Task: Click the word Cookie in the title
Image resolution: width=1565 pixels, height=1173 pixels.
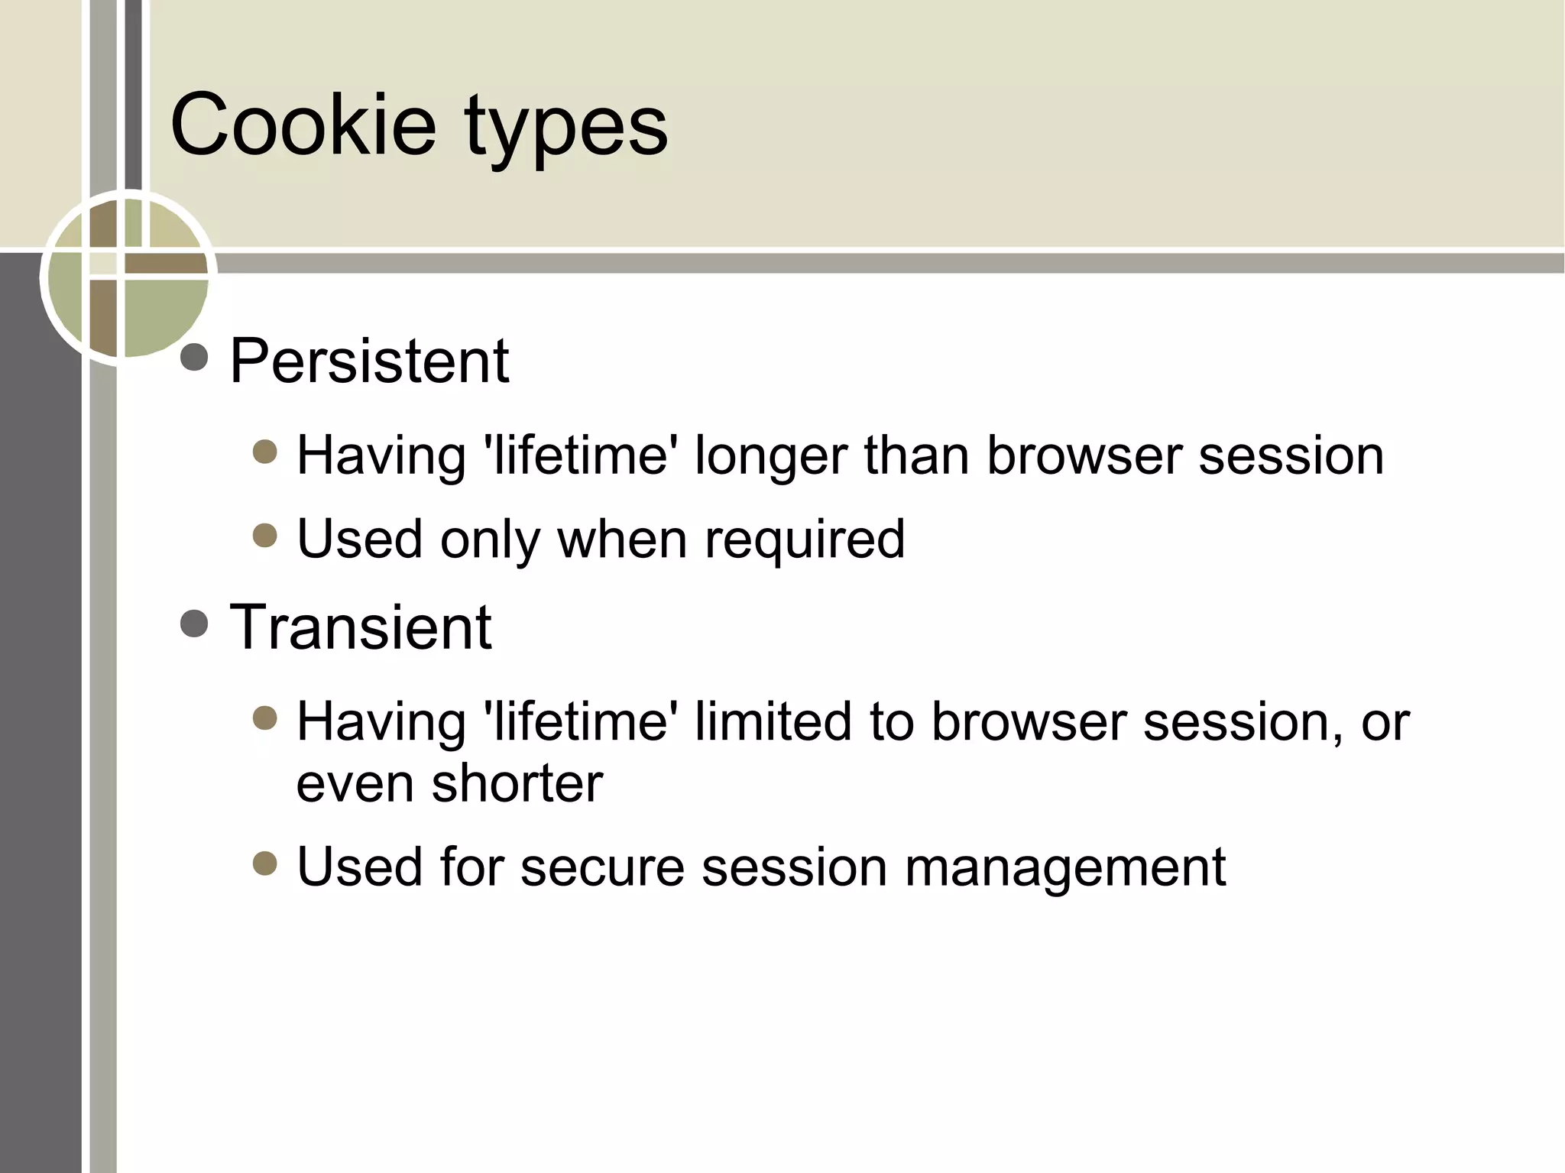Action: coord(303,124)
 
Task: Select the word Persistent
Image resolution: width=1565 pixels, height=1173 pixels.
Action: coord(369,361)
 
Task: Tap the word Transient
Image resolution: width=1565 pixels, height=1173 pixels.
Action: coord(360,627)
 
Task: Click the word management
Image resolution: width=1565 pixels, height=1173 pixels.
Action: coord(1065,868)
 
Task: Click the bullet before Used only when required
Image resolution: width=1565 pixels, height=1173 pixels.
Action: coord(264,536)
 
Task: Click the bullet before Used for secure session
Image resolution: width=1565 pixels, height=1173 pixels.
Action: coord(264,864)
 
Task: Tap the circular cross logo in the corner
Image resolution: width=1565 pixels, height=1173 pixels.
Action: coord(128,277)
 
